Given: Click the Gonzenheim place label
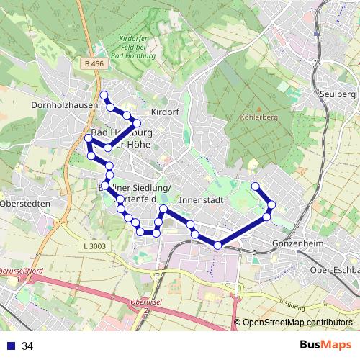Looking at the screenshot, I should [295, 244].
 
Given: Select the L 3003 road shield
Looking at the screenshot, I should [94, 246].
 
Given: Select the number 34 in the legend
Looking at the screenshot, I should [28, 346].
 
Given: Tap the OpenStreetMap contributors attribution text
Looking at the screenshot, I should [298, 323].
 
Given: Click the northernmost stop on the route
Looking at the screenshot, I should [104, 95].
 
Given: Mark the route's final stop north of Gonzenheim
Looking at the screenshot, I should [255, 186].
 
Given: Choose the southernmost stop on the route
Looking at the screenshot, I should [217, 246].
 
